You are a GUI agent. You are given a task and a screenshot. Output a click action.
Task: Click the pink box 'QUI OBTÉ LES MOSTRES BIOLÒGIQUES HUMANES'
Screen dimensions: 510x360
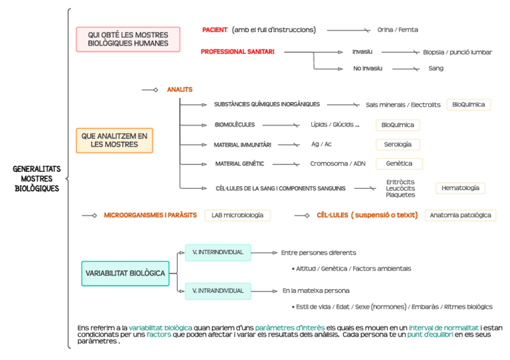(x=127, y=39)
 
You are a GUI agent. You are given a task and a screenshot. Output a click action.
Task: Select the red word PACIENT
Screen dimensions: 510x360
(x=215, y=29)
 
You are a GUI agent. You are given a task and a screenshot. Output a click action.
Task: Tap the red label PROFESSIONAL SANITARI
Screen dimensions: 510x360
(x=238, y=52)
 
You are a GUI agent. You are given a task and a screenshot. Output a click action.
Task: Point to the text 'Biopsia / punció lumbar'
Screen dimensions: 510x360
(x=457, y=52)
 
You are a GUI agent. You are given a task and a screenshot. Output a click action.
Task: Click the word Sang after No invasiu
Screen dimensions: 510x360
(x=436, y=69)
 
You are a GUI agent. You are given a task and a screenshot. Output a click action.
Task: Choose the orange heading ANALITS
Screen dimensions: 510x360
(x=180, y=90)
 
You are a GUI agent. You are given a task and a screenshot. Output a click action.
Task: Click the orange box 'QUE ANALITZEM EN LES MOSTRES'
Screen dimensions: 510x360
(x=114, y=140)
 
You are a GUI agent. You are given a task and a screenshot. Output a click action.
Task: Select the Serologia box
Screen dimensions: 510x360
(x=398, y=144)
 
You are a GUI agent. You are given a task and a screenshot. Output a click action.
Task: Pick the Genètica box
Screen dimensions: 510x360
(x=399, y=163)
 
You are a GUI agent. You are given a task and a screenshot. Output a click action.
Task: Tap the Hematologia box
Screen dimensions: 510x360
(x=460, y=188)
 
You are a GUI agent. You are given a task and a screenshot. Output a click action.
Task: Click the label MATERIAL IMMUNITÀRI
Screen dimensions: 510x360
(x=242, y=145)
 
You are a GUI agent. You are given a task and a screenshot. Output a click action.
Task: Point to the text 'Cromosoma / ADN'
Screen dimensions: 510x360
(x=337, y=163)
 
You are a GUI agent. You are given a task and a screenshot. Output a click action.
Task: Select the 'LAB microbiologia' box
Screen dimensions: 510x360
(x=237, y=215)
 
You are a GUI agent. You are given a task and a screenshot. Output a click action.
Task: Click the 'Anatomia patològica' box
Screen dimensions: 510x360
(x=460, y=215)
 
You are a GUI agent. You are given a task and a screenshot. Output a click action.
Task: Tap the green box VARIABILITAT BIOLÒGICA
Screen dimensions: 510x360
(x=125, y=273)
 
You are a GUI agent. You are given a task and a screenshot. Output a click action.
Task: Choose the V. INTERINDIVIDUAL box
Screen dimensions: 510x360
(x=218, y=252)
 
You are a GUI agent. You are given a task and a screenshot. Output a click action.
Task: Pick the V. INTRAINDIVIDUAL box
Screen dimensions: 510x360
(x=218, y=291)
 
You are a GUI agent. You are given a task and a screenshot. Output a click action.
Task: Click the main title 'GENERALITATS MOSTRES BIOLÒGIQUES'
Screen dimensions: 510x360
(x=37, y=178)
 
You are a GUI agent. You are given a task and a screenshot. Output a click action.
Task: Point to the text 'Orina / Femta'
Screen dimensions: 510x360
(x=398, y=29)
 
